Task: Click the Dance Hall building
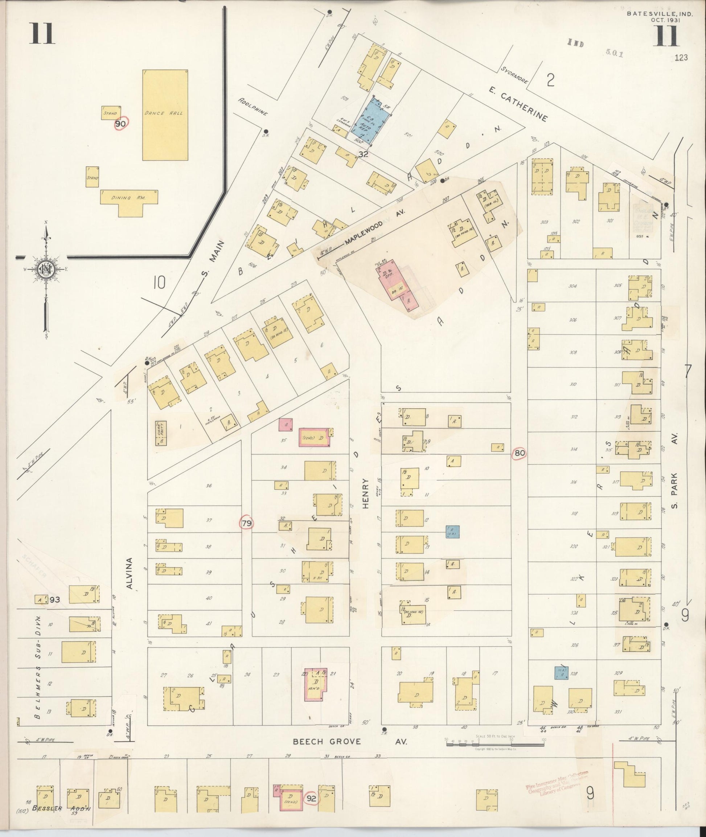pyautogui.click(x=165, y=115)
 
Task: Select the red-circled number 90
pyautogui.click(x=120, y=124)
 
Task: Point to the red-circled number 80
pyautogui.click(x=520, y=453)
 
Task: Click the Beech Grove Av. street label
pyautogui.click(x=350, y=741)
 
